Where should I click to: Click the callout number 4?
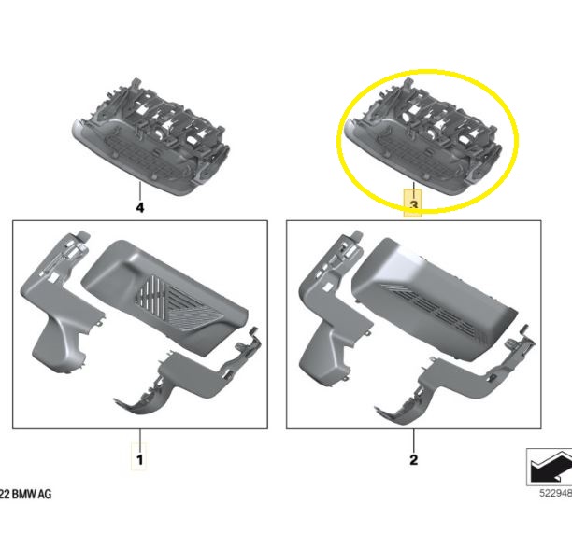[139, 207]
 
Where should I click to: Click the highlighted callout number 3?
[413, 205]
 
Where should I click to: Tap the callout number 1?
[139, 460]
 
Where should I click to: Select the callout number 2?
[413, 460]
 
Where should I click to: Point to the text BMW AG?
[32, 495]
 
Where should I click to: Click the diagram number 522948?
[555, 493]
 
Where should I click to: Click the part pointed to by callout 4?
[150, 138]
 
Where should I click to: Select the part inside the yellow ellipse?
[423, 138]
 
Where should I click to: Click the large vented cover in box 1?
[164, 295]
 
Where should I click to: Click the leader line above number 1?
[139, 441]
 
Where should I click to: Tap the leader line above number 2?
[413, 441]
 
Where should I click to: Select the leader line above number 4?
[139, 190]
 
